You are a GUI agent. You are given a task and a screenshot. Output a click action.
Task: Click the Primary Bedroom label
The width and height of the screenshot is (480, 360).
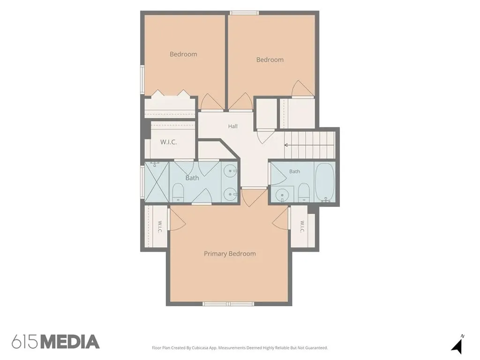pyautogui.click(x=230, y=254)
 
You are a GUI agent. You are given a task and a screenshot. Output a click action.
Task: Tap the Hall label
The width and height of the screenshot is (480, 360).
pyautogui.click(x=232, y=126)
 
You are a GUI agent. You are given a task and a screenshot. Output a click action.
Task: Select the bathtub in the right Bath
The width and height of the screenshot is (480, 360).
pyautogui.click(x=325, y=182)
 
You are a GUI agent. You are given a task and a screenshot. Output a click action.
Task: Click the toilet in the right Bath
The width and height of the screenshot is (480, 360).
pyautogui.click(x=304, y=193)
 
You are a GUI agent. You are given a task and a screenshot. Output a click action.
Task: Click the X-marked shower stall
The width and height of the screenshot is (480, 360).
pyautogui.click(x=157, y=182)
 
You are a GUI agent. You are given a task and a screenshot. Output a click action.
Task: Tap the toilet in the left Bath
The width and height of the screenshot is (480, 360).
pyautogui.click(x=178, y=193)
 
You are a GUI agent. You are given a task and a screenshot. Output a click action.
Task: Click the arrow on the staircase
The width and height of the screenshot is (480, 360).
pyautogui.click(x=309, y=145)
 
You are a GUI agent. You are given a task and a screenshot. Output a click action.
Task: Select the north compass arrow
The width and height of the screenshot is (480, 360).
pyautogui.click(x=457, y=345)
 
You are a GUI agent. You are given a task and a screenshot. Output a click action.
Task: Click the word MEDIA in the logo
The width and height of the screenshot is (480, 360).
pyautogui.click(x=70, y=342)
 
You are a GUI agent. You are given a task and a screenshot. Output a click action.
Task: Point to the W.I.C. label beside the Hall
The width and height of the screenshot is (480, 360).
pyautogui.click(x=168, y=142)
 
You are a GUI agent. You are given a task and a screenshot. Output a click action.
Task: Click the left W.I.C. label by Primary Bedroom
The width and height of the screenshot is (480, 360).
pyautogui.click(x=160, y=227)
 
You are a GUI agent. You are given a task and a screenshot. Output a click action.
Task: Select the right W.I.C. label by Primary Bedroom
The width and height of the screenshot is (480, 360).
pyautogui.click(x=302, y=226)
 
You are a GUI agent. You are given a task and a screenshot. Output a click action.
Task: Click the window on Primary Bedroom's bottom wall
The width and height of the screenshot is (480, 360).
pyautogui.click(x=228, y=304)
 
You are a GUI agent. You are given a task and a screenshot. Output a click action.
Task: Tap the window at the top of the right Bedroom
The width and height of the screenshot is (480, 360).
pyautogui.click(x=244, y=13)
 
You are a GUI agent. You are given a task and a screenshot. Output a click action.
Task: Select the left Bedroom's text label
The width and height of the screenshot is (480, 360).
pyautogui.click(x=183, y=54)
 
